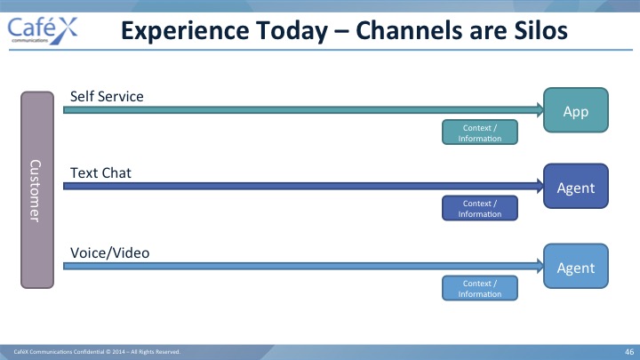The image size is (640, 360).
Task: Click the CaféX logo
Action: click(43, 30)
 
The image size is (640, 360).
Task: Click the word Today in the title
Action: click(292, 31)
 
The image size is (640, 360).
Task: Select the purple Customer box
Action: click(37, 190)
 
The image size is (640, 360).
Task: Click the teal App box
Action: click(576, 110)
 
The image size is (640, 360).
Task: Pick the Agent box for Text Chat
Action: click(576, 186)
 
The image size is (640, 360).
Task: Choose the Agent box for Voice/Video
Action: click(576, 266)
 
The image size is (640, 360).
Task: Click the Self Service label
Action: click(107, 96)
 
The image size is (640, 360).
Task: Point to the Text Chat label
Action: click(100, 173)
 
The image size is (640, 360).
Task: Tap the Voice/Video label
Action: click(110, 253)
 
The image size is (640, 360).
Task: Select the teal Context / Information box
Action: click(480, 132)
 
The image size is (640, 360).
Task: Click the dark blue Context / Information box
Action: click(480, 208)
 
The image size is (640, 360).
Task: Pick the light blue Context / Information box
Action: click(480, 288)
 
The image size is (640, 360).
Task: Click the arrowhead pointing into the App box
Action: click(540, 110)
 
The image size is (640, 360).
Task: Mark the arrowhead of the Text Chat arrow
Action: click(540, 186)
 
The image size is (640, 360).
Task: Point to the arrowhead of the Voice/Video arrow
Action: click(540, 266)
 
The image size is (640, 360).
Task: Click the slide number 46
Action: click(629, 352)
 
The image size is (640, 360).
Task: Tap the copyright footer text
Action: click(97, 352)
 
